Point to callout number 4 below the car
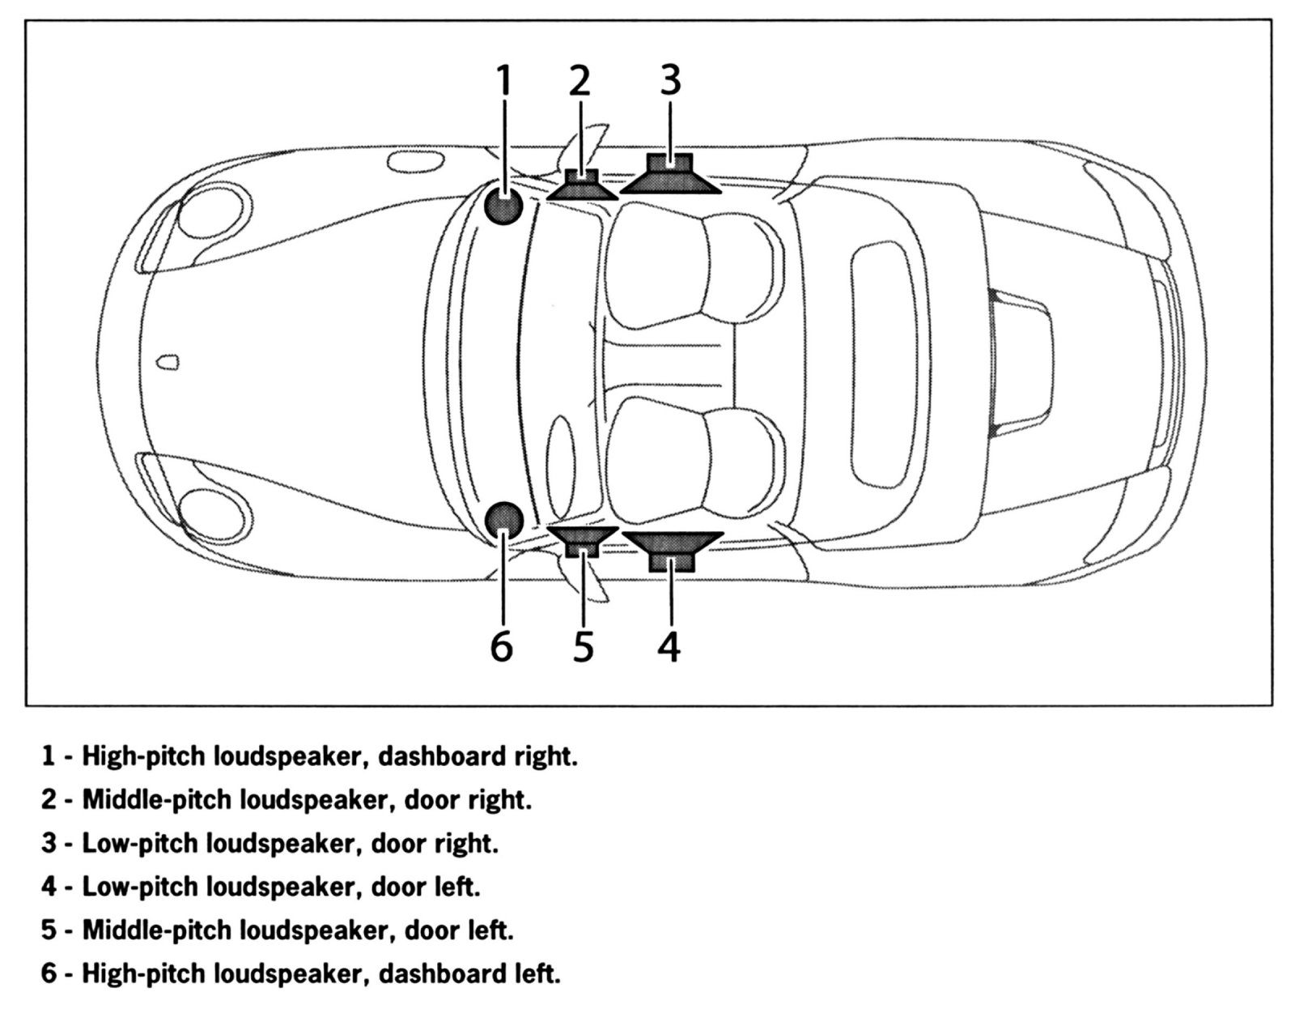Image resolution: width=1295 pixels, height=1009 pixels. point(669,646)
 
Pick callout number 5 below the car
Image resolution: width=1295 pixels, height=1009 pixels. point(584,646)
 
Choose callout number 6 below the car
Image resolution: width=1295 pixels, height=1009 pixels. point(502,646)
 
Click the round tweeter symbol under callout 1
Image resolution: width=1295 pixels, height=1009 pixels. point(503,206)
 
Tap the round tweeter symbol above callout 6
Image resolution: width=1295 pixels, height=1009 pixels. point(503,521)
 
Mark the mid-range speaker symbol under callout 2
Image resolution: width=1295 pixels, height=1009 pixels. point(581,185)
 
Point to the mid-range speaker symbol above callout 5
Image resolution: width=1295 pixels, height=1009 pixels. point(581,540)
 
